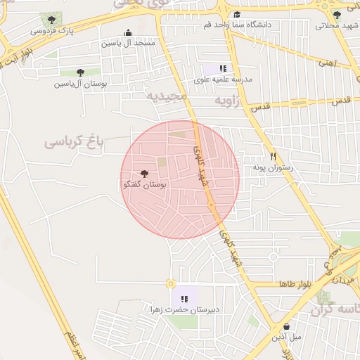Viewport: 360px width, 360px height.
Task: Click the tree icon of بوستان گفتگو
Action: coord(145,173)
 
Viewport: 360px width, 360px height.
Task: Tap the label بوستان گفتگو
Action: coord(144,185)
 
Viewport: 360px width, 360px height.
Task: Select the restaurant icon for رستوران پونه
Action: coord(274,157)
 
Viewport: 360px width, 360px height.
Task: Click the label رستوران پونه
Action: coord(271,169)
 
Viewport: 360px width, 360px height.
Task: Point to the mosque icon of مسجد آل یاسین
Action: coord(127,32)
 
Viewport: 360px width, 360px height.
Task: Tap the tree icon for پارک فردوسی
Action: coord(51,20)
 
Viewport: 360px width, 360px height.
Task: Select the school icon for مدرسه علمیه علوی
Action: coord(222,68)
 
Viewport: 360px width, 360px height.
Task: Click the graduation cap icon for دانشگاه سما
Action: coord(237,14)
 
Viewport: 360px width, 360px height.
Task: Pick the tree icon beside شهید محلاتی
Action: coord(337,14)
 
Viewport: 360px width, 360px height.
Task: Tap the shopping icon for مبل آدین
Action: coord(287,326)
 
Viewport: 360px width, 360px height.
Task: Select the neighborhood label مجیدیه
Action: coord(167,96)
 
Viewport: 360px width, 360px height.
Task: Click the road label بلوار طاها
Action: coord(295,284)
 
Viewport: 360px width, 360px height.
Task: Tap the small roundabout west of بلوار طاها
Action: coord(170,284)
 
